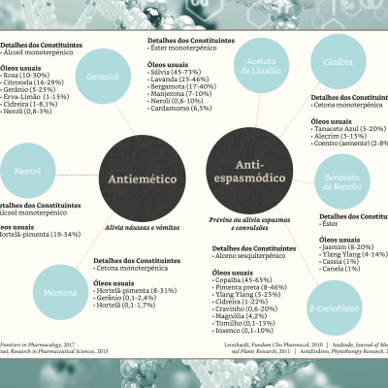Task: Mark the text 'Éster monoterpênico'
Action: tap(185, 48)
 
